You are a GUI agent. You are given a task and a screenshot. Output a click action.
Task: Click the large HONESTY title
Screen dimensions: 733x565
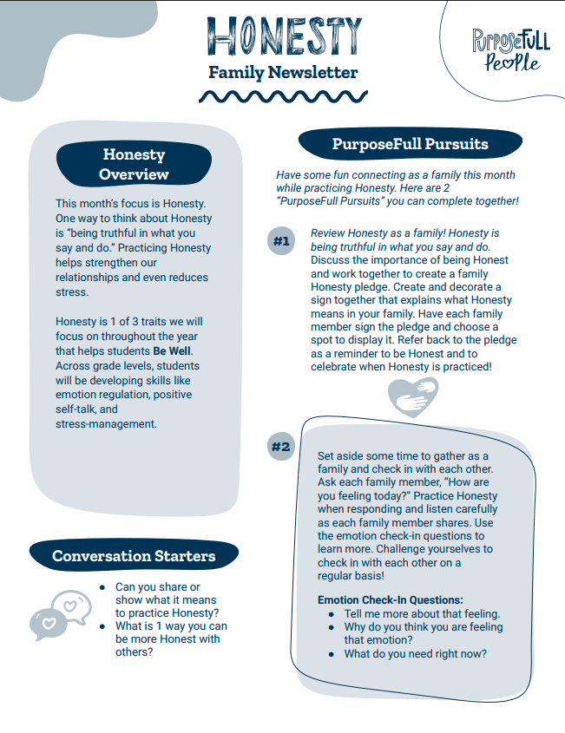tap(283, 37)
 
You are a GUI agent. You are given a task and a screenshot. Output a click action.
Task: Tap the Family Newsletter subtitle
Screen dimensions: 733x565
tap(283, 72)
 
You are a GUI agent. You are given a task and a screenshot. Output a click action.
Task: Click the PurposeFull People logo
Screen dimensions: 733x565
tap(511, 49)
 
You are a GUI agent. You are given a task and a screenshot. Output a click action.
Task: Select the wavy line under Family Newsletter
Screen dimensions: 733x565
tap(283, 95)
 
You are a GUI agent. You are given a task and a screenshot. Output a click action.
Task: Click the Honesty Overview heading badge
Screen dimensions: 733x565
tap(134, 164)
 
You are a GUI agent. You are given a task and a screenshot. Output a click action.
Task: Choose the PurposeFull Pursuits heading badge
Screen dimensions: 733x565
tap(411, 144)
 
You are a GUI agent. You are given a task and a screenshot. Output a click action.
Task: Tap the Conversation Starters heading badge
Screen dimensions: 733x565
tap(134, 555)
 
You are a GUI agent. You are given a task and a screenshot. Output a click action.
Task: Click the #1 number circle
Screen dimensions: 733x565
tap(280, 241)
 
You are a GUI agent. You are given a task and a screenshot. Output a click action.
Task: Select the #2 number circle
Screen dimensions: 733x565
tap(280, 447)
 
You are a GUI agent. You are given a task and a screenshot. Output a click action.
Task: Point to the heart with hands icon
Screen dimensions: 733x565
tap(412, 398)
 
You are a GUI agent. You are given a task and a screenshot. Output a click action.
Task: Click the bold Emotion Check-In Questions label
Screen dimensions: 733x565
tap(391, 599)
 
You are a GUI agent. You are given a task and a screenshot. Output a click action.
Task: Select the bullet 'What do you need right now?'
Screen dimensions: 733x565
tap(415, 654)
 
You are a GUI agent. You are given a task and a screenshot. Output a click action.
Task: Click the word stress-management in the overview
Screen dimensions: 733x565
tap(106, 424)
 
